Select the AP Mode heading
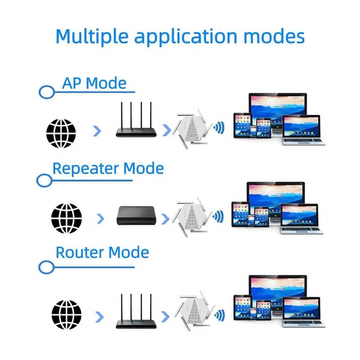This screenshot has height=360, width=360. [94, 83]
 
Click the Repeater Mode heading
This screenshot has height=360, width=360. [108, 168]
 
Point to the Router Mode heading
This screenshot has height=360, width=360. [103, 252]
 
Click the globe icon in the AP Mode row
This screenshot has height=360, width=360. [61, 133]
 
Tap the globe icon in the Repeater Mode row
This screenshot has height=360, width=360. [66, 218]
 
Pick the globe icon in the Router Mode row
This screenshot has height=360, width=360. [66, 315]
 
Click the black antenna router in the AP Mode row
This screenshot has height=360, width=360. [136, 120]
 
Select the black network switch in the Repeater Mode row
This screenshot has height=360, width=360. [137, 216]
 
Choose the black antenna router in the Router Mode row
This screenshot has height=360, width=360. [136, 311]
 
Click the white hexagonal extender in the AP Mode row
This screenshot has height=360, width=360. [193, 129]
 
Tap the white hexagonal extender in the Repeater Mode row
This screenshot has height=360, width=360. [192, 217]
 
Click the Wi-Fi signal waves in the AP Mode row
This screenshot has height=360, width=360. [219, 128]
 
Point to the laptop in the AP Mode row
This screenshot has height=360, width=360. [303, 130]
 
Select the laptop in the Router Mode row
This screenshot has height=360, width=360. [303, 312]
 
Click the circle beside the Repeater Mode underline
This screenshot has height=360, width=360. [44, 180]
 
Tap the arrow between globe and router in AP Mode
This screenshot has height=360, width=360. [97, 131]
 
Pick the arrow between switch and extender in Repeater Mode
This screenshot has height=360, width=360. [165, 219]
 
